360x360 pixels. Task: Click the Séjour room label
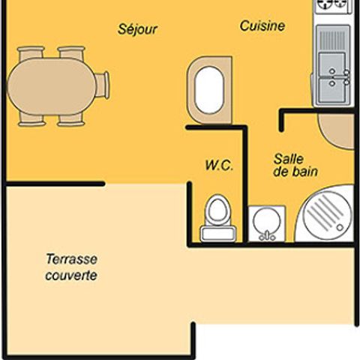137,29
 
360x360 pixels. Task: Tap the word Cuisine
262,26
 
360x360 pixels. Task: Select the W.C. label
219,166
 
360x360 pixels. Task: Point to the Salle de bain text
295,165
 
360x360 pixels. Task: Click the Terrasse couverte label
71,267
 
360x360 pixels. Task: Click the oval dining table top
52,86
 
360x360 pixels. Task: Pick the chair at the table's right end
102,85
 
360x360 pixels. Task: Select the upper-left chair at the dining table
31,53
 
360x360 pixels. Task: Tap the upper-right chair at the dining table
71,53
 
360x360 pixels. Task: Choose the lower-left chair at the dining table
31,119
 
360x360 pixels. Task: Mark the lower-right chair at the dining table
71,119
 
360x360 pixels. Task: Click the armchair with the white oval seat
209,90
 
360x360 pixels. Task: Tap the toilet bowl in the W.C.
218,209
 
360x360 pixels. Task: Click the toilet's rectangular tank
218,234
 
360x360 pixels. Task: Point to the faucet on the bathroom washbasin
267,235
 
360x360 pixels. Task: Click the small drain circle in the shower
340,227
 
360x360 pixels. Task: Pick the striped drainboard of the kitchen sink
332,39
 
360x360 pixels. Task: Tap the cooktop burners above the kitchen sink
332,5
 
